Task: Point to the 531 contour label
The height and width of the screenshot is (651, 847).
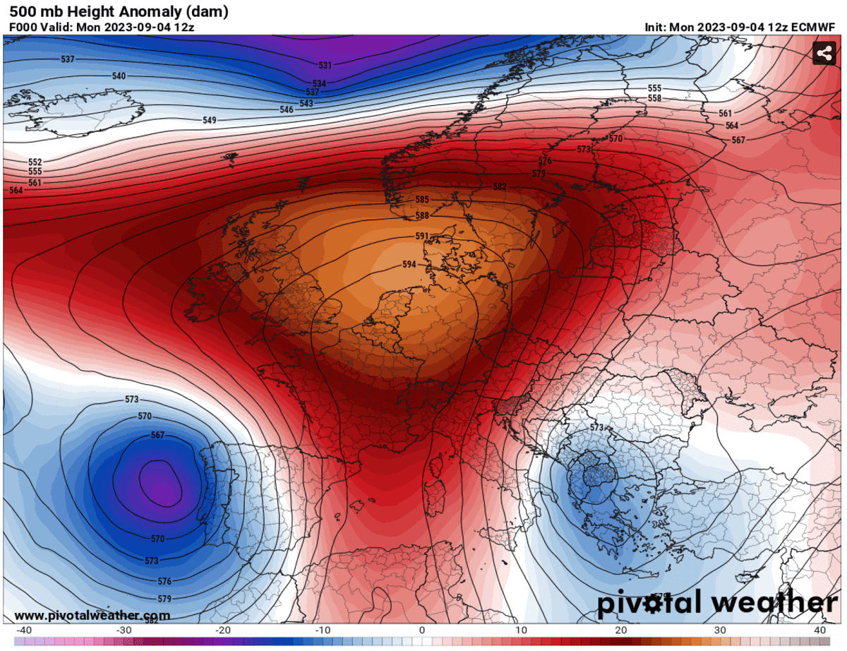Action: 325,66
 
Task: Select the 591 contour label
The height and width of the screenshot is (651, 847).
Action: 422,237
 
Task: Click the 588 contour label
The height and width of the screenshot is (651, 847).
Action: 422,215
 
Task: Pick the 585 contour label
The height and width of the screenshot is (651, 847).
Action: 422,200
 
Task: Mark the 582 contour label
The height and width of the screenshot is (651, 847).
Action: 500,187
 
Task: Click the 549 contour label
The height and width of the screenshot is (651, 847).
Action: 210,121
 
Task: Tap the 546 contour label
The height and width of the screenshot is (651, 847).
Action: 287,109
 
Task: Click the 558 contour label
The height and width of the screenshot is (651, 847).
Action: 654,98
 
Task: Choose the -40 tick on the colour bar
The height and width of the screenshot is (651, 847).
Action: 23,630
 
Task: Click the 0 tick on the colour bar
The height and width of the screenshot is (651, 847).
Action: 422,630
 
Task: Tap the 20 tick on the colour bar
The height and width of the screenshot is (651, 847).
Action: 621,630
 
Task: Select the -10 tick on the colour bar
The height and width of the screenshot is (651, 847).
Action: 322,630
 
